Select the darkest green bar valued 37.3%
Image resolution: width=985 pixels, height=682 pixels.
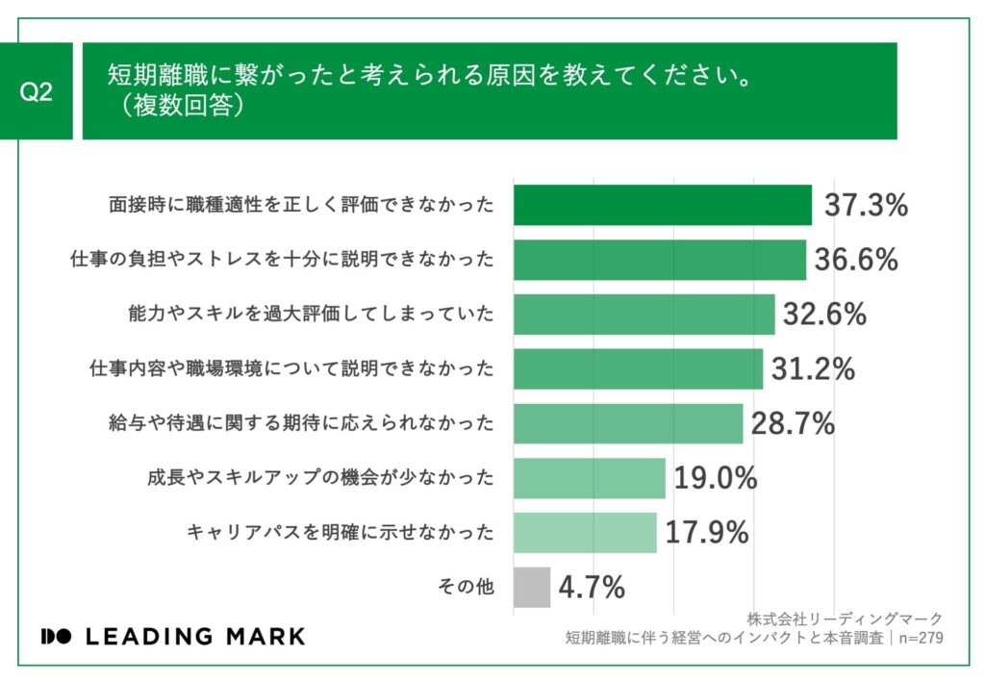[x=663, y=205]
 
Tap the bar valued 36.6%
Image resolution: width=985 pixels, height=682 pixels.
[x=660, y=260]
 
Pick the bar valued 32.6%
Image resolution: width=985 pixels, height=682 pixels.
[x=644, y=315]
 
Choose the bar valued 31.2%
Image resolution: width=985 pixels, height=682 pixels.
[x=639, y=368]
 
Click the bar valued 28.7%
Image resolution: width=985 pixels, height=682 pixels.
[x=629, y=423]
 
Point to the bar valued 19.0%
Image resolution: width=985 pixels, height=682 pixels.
[x=590, y=478]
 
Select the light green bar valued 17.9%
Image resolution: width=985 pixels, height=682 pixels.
[x=586, y=532]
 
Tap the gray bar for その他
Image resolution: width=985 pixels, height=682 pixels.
[x=532, y=587]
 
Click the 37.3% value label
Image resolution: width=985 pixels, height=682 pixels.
[x=866, y=205]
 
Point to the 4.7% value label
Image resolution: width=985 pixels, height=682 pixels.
[x=593, y=586]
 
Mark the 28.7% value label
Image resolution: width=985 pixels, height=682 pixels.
[x=792, y=423]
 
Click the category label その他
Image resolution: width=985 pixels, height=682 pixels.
[x=466, y=587]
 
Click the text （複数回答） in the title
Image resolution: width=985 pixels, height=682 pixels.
[x=179, y=106]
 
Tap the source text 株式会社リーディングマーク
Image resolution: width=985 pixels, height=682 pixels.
[x=844, y=619]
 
